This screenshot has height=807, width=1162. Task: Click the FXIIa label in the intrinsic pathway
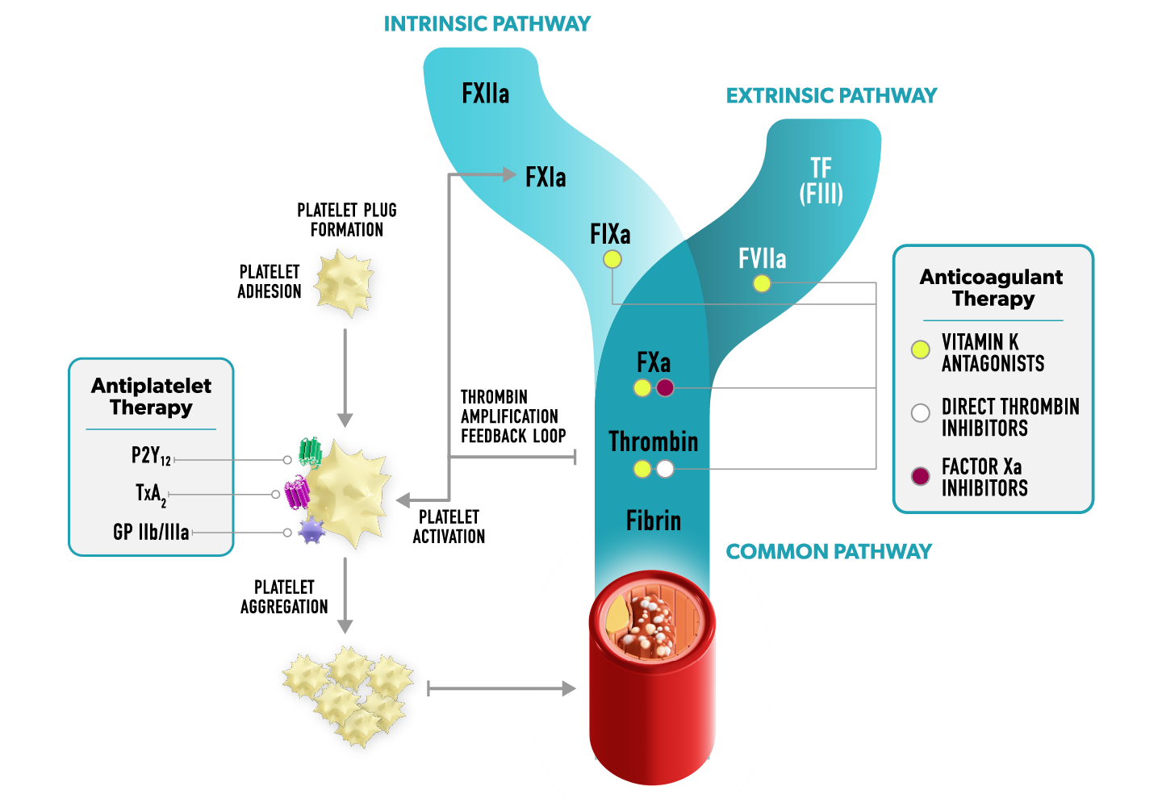point(485,94)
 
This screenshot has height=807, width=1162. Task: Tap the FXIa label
point(545,178)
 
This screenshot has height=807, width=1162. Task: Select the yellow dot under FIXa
point(612,259)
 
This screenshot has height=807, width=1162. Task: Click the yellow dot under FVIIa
point(762,283)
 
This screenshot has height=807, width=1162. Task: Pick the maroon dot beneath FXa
point(665,387)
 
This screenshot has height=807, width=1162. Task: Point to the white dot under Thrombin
point(665,469)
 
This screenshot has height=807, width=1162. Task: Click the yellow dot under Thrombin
point(642,469)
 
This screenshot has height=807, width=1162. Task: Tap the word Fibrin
point(653,521)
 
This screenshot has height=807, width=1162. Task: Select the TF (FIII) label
point(821,181)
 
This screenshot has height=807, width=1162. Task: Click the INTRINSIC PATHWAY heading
point(487,24)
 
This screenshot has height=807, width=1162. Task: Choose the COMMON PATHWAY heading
point(829,552)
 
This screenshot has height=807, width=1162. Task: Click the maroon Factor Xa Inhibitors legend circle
point(921,476)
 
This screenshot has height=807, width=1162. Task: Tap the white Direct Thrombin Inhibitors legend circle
point(921,413)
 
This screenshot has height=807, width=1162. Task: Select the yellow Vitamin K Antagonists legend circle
point(921,349)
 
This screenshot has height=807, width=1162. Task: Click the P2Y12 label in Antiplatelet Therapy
point(151,457)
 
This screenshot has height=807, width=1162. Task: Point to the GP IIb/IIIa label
point(151,532)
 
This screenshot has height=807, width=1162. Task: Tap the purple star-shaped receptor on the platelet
point(311,530)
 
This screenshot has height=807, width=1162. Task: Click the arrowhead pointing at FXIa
point(508,174)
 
